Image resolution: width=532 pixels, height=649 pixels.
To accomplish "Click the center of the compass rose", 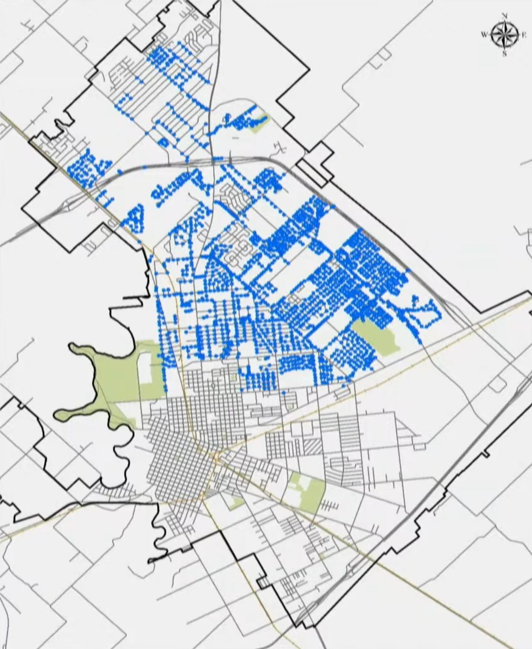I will click(x=505, y=35).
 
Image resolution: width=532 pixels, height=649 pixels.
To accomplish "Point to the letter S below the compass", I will click(x=505, y=54).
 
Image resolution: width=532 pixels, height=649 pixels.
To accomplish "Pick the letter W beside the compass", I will click(x=485, y=35).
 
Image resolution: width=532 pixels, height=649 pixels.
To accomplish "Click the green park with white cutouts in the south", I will click(x=307, y=492).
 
